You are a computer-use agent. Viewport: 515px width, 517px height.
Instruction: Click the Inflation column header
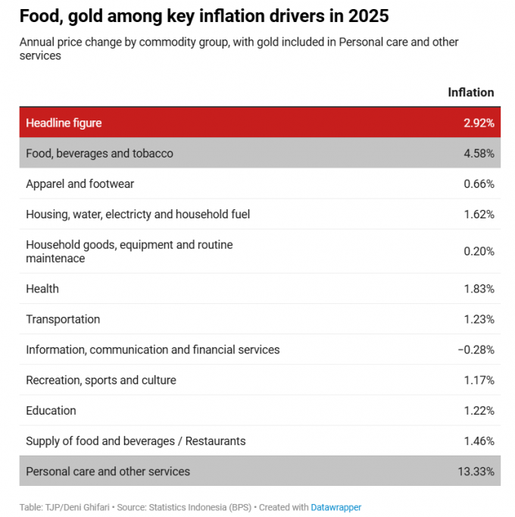point(470,92)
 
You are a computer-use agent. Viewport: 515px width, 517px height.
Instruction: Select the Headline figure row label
point(64,123)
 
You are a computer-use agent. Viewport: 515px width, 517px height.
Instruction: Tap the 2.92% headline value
point(479,123)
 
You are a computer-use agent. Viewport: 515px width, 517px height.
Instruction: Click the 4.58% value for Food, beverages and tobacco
point(479,153)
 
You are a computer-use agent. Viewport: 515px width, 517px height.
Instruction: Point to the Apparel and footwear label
point(80,183)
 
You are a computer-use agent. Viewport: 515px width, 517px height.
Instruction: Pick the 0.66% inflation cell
point(479,183)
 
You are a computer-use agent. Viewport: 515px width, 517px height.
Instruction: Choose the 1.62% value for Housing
point(479,214)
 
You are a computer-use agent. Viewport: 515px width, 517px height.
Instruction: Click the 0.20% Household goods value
point(479,251)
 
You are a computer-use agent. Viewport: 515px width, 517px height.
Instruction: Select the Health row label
point(42,289)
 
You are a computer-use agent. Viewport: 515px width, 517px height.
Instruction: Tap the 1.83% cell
point(479,289)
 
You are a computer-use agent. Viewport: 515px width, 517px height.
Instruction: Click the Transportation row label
point(63,319)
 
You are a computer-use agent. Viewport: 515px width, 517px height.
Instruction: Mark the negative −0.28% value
point(476,349)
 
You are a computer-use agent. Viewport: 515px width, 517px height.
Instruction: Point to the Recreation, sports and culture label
point(101,380)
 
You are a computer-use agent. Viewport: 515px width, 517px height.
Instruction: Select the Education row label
point(51,410)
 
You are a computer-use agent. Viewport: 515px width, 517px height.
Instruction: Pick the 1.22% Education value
point(479,410)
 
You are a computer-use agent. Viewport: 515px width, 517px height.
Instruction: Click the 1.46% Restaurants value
point(479,440)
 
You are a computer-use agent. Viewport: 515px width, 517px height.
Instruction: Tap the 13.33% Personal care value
point(476,472)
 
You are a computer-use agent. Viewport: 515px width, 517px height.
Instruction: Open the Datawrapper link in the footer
point(336,506)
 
